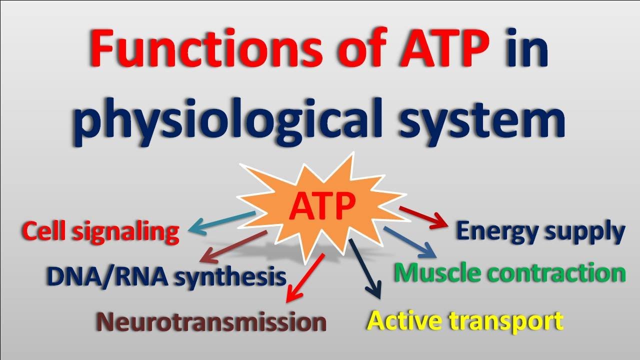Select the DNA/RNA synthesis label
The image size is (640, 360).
166,276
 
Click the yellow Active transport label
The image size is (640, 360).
465,320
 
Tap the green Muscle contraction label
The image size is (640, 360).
510,273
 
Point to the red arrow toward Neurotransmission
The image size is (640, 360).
304,278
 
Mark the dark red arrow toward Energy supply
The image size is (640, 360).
422,216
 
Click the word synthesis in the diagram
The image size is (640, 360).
230,276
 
